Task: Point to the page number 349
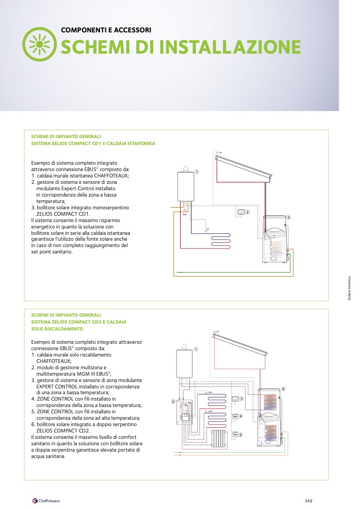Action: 308,500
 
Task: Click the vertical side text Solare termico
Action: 349,290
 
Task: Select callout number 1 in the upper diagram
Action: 196,172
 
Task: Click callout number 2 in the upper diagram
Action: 247,212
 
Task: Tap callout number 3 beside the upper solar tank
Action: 289,218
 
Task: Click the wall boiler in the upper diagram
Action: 186,186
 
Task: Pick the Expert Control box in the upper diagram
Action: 241,212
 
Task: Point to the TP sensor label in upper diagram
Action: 207,228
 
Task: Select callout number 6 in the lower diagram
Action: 283,389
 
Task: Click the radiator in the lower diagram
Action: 219,438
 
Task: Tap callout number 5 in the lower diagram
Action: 240,435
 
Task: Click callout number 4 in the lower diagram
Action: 240,416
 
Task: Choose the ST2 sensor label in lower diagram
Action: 210,393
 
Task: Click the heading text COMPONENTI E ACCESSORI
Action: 106,30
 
